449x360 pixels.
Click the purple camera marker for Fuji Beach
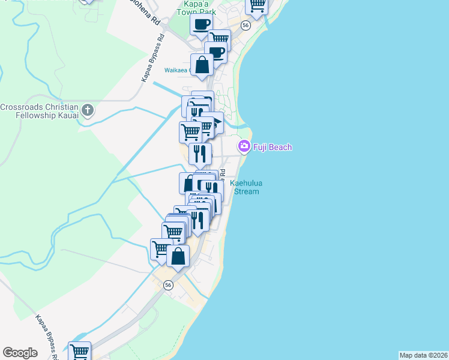(244, 146)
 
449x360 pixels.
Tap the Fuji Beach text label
(272, 147)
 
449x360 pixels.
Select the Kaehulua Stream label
(246, 188)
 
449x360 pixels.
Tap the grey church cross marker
(88, 110)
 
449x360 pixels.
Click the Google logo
(20, 352)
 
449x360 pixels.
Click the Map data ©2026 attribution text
(423, 355)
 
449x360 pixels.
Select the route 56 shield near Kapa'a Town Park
(246, 25)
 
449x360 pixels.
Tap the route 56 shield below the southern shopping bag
(169, 285)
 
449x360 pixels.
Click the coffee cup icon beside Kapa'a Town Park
(201, 25)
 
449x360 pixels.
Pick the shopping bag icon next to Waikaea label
(202, 65)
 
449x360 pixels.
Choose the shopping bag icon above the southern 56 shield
(178, 256)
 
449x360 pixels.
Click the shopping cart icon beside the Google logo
(79, 350)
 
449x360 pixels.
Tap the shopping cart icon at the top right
(257, 5)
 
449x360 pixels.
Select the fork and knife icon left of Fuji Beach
(200, 154)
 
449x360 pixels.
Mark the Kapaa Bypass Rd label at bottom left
(46, 336)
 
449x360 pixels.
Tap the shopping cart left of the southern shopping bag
(161, 248)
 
